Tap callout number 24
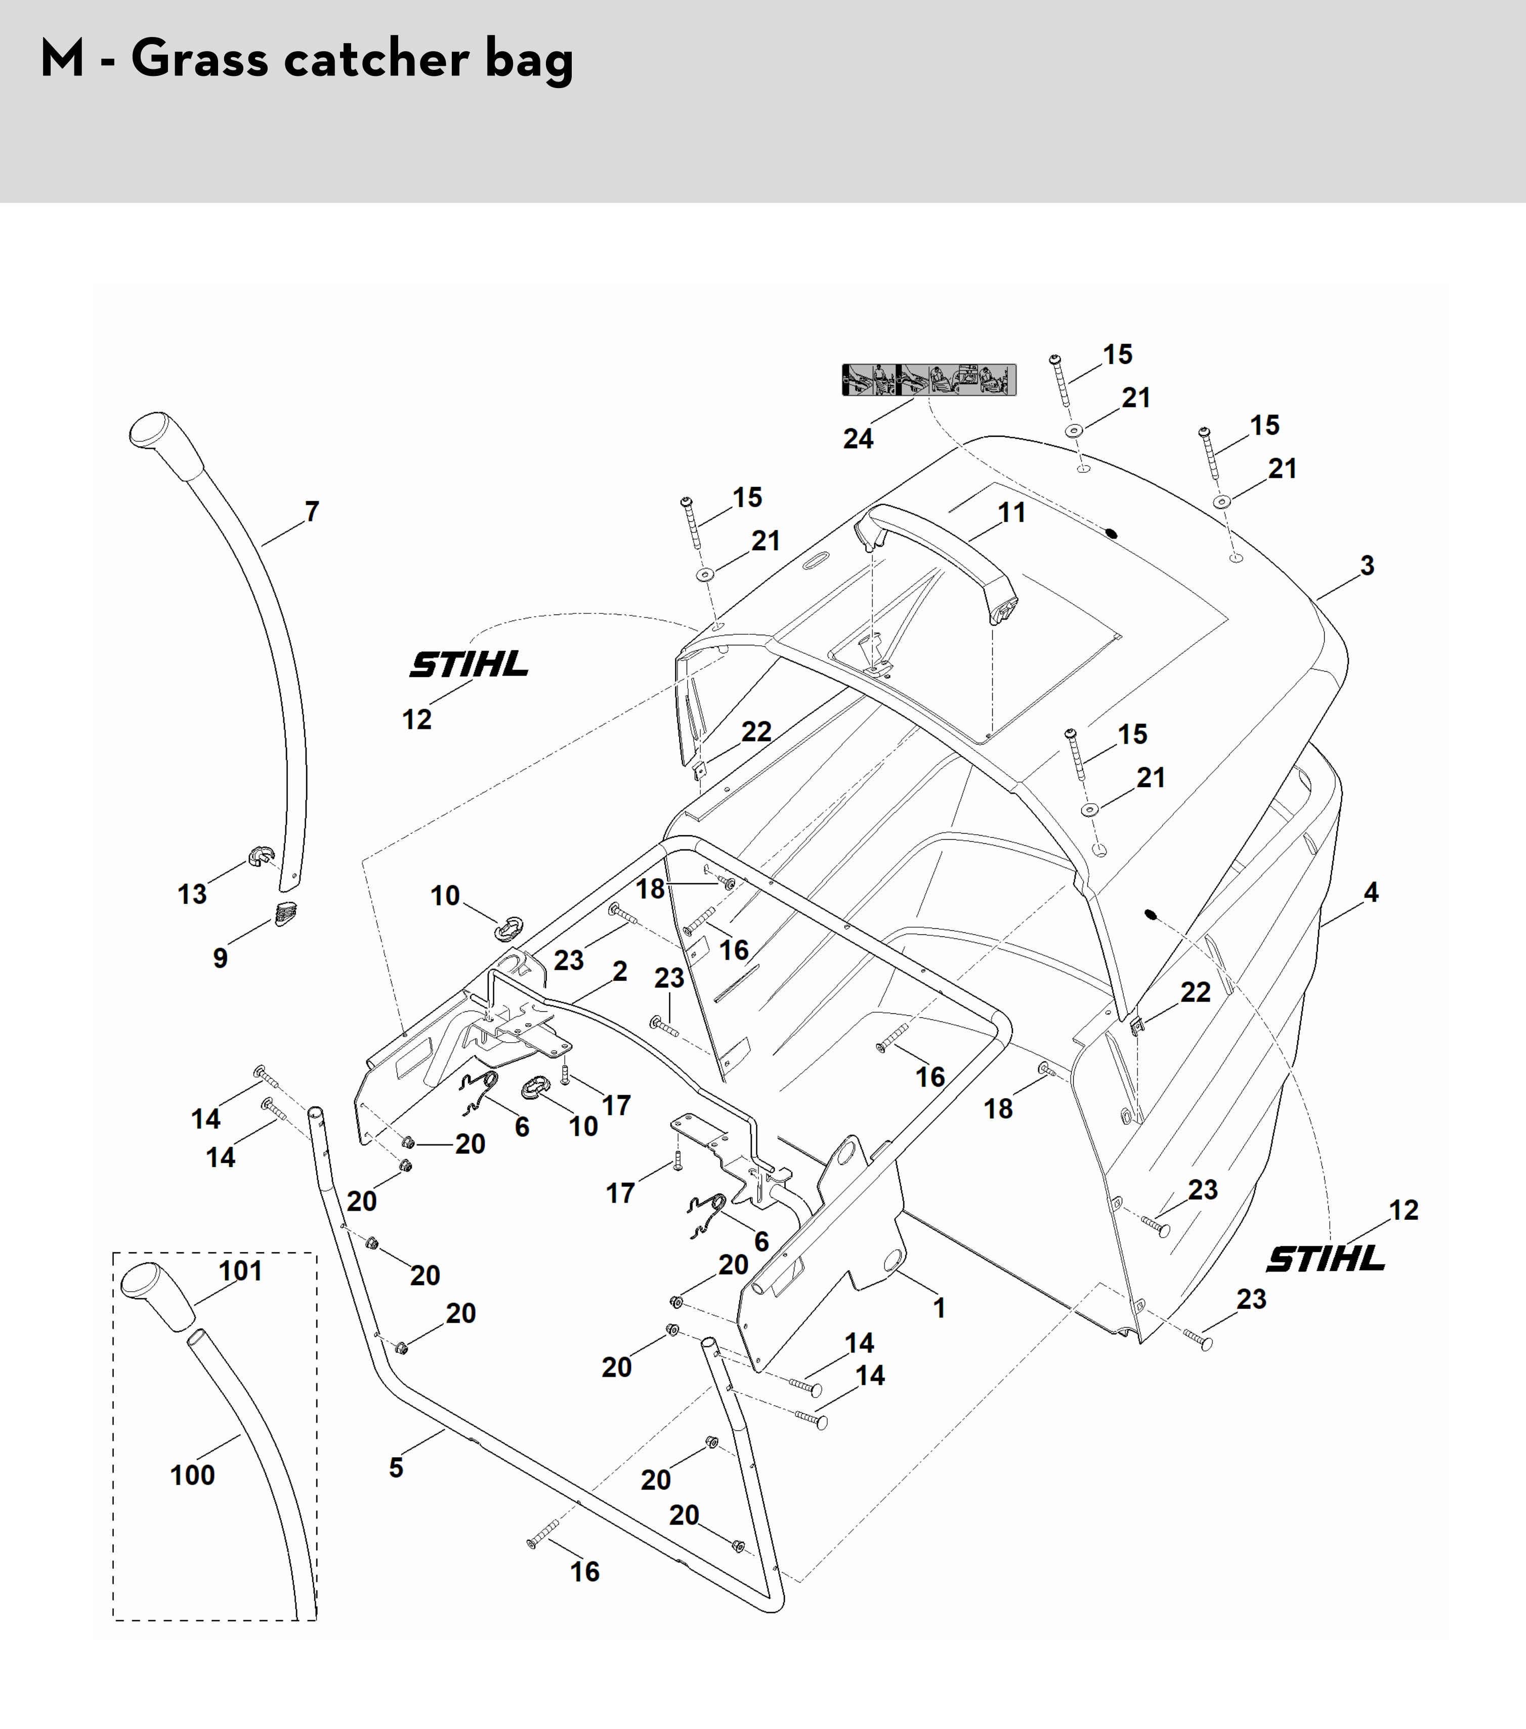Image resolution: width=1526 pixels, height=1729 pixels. click(858, 438)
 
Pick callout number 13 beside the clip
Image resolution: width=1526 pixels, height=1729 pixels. click(192, 893)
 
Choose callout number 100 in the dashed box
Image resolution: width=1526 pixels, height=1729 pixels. click(193, 1475)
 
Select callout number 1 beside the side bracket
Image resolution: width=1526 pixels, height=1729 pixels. click(939, 1308)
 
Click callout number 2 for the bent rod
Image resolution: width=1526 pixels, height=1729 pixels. click(620, 971)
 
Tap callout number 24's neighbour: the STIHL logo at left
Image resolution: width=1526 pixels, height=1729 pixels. click(469, 665)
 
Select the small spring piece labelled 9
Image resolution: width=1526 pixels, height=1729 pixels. click(286, 914)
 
